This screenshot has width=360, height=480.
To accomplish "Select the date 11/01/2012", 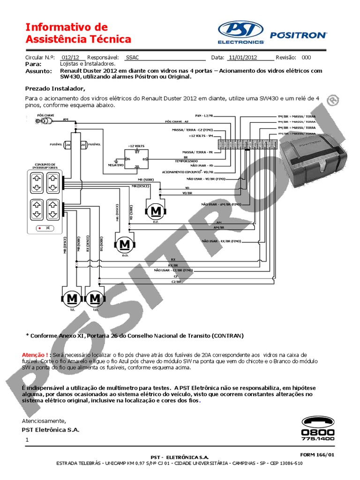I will [243, 58].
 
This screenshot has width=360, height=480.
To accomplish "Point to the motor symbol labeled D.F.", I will [156, 212].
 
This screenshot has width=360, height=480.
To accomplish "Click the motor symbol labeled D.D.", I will [125, 244].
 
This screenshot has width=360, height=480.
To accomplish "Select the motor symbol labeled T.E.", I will [72, 299].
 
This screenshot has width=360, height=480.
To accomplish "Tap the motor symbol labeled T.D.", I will [95, 299].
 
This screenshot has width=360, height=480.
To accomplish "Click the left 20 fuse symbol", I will [68, 145].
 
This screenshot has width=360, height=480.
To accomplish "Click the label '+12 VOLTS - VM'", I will [201, 136].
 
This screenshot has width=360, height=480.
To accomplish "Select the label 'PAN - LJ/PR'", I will [204, 115].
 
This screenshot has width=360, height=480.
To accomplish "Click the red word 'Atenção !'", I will [37, 354].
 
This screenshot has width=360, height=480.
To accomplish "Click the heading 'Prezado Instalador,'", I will [55, 88].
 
